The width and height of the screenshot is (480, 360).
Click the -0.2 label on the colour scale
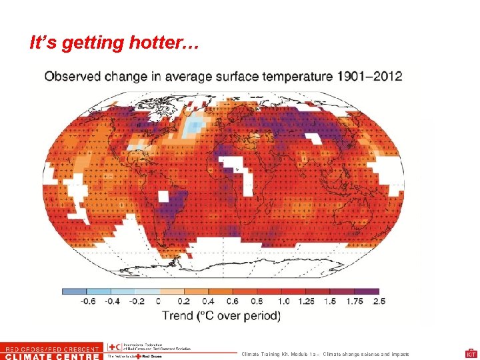click(136, 301)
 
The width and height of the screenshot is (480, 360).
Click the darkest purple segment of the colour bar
click(367, 291)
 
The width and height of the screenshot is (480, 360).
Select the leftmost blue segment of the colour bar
click(74, 291)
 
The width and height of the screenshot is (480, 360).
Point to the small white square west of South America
click(163, 195)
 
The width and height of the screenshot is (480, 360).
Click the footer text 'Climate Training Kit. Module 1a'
click(287, 354)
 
